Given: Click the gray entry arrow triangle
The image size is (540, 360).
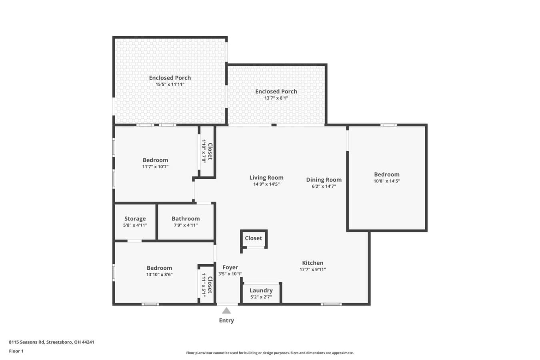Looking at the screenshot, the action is click(226, 310).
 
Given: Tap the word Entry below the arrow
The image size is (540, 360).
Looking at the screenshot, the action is click(226, 320).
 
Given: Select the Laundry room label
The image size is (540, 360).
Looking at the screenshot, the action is click(261, 290).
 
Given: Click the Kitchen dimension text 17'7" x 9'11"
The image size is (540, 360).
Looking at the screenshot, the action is click(313, 269).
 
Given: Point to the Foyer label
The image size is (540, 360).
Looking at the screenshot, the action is click(230, 267).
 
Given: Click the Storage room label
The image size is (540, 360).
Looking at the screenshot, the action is click(135, 219).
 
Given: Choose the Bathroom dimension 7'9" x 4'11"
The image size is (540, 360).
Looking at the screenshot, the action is click(186, 225).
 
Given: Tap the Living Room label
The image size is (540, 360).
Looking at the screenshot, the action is click(266, 178).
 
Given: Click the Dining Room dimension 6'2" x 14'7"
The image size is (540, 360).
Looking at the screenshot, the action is click(324, 186).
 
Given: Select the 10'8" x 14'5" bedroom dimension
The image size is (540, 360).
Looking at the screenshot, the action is click(387, 181).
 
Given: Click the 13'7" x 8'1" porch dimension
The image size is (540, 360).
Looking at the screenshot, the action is click(276, 98).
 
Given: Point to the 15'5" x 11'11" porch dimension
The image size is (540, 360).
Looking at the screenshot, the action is click(170, 84).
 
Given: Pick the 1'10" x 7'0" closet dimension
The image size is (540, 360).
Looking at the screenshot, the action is click(204, 152).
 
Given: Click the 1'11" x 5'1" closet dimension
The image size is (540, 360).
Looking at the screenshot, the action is click(204, 285).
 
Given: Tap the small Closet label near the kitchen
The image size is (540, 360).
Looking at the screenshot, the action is click(253, 238).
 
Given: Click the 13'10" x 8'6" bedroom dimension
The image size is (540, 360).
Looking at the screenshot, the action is click(159, 274).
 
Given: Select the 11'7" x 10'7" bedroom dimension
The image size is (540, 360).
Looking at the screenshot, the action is click(155, 167).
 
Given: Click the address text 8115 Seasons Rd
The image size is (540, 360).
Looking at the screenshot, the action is click(27, 342).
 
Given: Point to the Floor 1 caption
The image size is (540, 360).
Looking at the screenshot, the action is click(16, 351).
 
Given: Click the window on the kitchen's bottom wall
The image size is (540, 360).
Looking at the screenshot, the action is click(331, 304).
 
